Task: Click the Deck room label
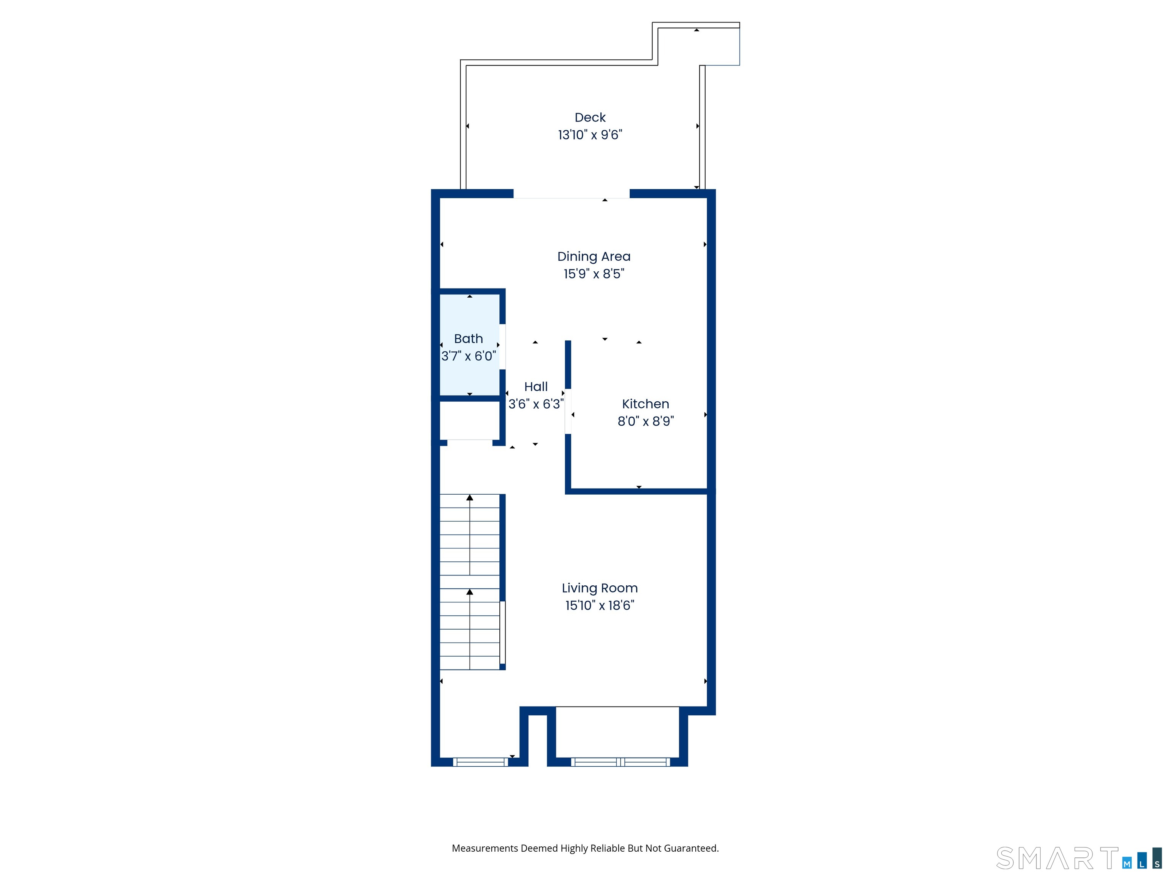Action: (590, 117)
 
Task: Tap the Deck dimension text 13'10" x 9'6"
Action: (590, 135)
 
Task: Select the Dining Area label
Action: (594, 257)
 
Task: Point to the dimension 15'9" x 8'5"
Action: (594, 274)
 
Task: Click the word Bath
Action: (468, 339)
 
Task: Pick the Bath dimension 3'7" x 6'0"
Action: (469, 356)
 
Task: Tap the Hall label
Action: (536, 387)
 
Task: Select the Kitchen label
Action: (645, 404)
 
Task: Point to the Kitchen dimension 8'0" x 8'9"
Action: (646, 421)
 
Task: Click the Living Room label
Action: (600, 588)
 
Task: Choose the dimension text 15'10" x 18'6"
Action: (600, 606)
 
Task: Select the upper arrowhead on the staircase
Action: (470, 497)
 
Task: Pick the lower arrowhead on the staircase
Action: (470, 592)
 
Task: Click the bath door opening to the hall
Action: (502, 347)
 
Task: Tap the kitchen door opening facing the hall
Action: (568, 411)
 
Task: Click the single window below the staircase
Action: (480, 762)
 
